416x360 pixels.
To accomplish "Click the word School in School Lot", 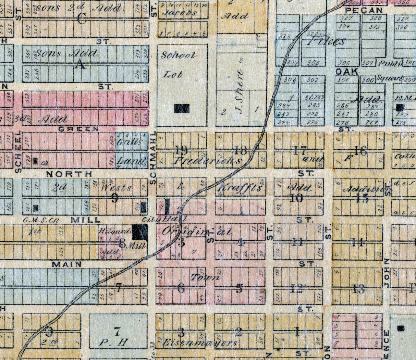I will (x=179, y=55).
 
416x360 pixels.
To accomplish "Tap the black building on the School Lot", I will (x=182, y=109).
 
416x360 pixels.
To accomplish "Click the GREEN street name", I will (x=79, y=129).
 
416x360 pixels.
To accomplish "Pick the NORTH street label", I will (x=69, y=174).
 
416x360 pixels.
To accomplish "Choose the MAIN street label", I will (x=67, y=264).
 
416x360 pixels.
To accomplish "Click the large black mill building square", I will (x=140, y=232).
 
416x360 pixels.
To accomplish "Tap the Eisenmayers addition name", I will (x=199, y=343).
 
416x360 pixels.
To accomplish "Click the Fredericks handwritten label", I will (x=207, y=160).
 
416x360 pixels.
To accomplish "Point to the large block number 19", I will (x=181, y=150).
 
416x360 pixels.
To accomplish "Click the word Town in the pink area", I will (x=205, y=277).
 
